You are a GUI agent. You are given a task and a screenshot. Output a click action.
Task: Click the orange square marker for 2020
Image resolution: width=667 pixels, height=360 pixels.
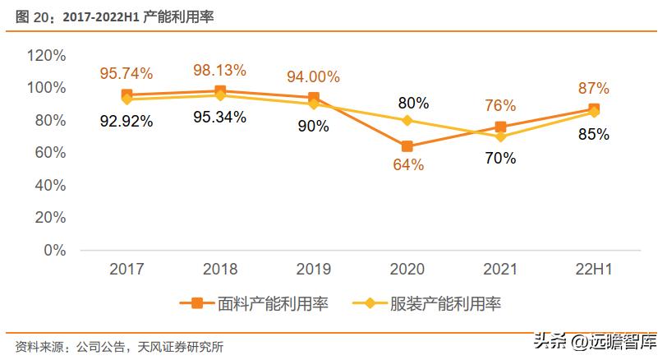click(x=407, y=146)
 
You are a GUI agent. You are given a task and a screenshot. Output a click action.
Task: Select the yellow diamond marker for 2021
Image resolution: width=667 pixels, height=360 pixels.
click(x=500, y=136)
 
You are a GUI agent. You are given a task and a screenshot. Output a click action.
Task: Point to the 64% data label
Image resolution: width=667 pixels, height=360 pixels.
click(x=407, y=165)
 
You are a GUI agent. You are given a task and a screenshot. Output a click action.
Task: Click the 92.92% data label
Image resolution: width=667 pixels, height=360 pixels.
click(x=126, y=122)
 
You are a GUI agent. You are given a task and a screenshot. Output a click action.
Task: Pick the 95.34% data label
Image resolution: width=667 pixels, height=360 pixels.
click(x=218, y=118)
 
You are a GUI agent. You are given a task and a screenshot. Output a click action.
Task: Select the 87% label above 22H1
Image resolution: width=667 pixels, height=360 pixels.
click(x=592, y=88)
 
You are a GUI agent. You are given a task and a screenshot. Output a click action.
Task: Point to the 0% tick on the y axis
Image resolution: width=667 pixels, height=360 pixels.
click(x=54, y=251)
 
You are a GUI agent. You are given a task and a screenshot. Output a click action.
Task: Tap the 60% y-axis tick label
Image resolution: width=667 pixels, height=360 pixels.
click(x=50, y=153)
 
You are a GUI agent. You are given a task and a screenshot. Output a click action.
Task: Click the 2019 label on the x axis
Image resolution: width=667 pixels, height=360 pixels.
click(x=313, y=270)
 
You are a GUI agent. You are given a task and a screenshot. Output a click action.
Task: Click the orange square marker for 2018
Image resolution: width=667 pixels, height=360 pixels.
click(x=219, y=91)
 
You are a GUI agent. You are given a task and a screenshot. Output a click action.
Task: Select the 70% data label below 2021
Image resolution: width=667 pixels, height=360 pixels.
click(x=499, y=158)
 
